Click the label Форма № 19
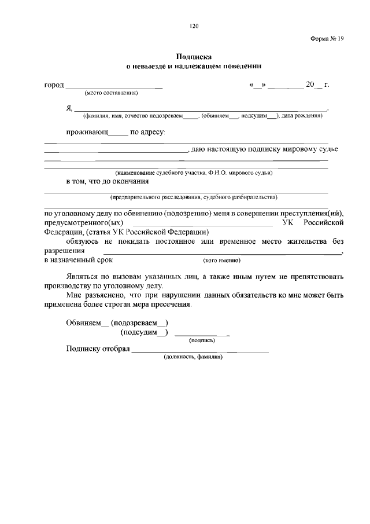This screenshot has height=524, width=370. (x=327, y=38)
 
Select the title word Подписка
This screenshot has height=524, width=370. (x=194, y=57)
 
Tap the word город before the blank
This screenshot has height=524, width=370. (x=54, y=85)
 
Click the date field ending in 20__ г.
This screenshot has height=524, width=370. (x=289, y=85)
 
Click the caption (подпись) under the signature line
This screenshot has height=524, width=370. (x=202, y=341)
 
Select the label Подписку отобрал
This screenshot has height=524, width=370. (x=98, y=349)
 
